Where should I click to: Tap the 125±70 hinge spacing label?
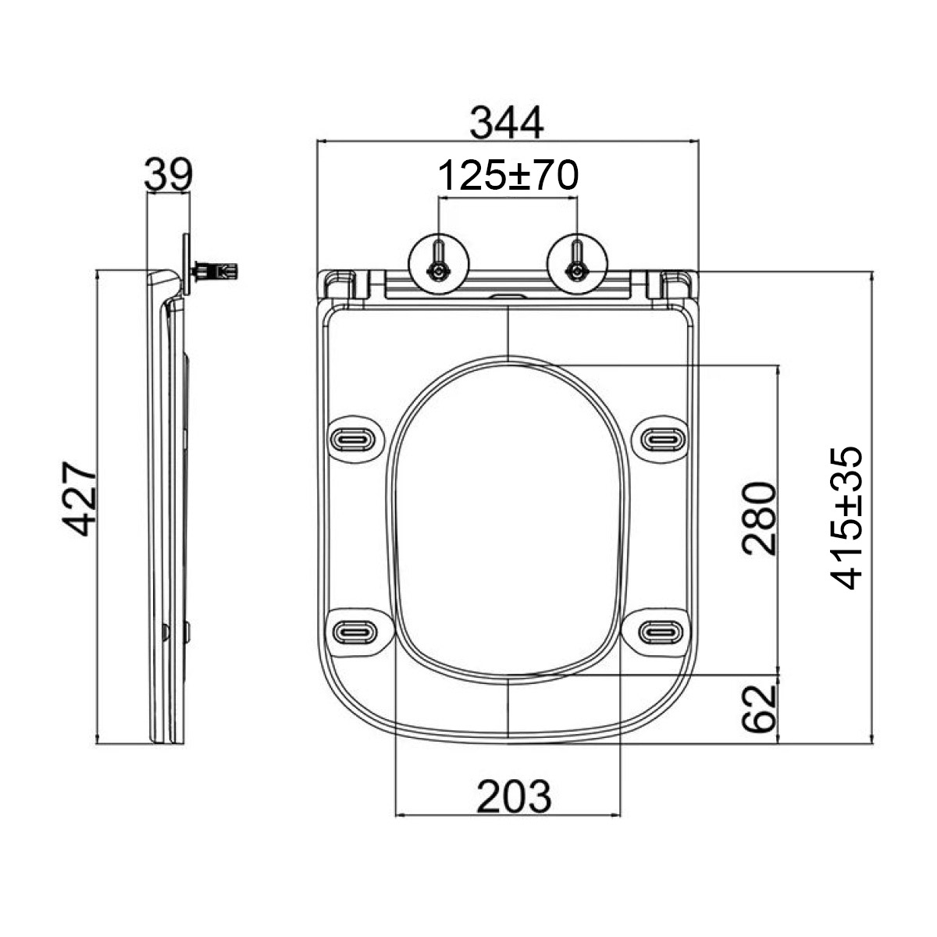(x=508, y=175)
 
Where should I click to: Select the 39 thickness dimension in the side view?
(x=168, y=173)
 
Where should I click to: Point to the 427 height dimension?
(x=79, y=498)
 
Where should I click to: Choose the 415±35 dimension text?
(x=846, y=518)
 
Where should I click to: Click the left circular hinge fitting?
(x=439, y=264)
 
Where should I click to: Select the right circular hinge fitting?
(x=577, y=264)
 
